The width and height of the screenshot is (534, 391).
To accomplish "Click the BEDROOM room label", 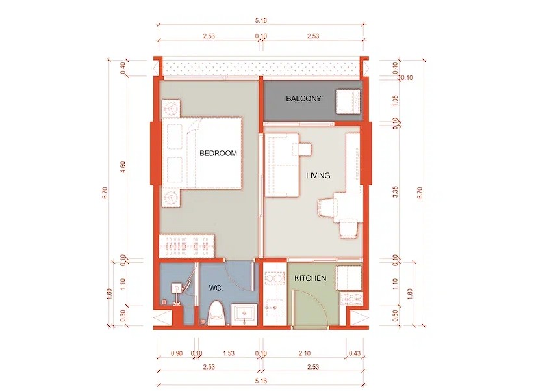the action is coord(218,153).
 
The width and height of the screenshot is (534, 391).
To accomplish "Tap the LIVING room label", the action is coord(318,176).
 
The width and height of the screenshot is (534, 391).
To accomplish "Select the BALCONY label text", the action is coord(303,99).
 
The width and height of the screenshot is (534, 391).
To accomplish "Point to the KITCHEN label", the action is coord(311,278).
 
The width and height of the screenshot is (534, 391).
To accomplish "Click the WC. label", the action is coord(216,288).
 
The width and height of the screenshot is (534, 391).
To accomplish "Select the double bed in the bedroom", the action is coord(201,153).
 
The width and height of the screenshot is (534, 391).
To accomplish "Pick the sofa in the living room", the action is coord(283,165).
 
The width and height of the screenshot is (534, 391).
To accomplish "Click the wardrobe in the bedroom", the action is coord(187,246).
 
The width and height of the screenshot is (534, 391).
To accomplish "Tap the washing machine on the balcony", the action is coord(348,102).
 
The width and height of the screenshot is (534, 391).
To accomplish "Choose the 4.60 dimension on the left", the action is coord(123,168).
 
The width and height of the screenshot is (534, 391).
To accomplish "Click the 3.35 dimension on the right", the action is coord(395,191).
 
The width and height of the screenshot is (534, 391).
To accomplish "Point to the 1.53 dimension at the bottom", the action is coord(229,353).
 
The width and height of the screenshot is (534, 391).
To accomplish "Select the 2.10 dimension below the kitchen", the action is coord(305,353).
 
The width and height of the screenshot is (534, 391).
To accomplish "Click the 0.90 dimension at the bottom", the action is coord(177,353).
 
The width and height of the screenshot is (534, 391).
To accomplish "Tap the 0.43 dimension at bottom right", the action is coord(355,353).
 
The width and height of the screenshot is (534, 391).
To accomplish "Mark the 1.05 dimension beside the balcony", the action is coord(395,100).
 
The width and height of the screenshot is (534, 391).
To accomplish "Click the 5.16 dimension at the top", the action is coord(261,20).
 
